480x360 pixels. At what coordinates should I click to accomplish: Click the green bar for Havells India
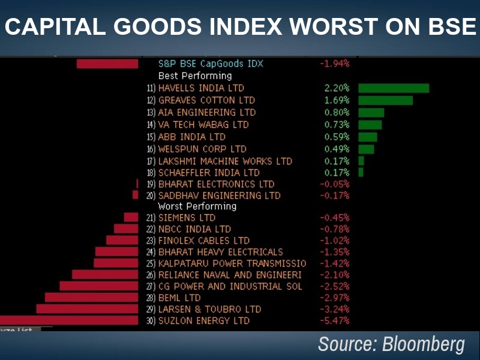(x=394, y=88)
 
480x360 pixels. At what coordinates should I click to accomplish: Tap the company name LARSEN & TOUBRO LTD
(x=209, y=309)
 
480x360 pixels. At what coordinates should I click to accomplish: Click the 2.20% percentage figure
(x=337, y=88)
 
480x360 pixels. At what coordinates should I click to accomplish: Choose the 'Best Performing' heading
(x=194, y=76)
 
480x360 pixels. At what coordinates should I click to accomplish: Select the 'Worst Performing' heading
(x=197, y=206)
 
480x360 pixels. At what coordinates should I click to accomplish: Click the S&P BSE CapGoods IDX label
(x=210, y=64)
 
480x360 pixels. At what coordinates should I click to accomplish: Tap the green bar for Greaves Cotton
(x=385, y=100)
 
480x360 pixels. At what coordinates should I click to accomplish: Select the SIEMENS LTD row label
(x=187, y=217)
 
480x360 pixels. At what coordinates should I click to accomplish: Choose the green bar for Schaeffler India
(x=361, y=173)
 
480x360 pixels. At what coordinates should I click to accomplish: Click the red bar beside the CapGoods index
(x=107, y=64)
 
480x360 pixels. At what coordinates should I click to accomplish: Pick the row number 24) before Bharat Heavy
(x=151, y=252)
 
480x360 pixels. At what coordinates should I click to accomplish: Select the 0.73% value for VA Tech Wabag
(x=337, y=125)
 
